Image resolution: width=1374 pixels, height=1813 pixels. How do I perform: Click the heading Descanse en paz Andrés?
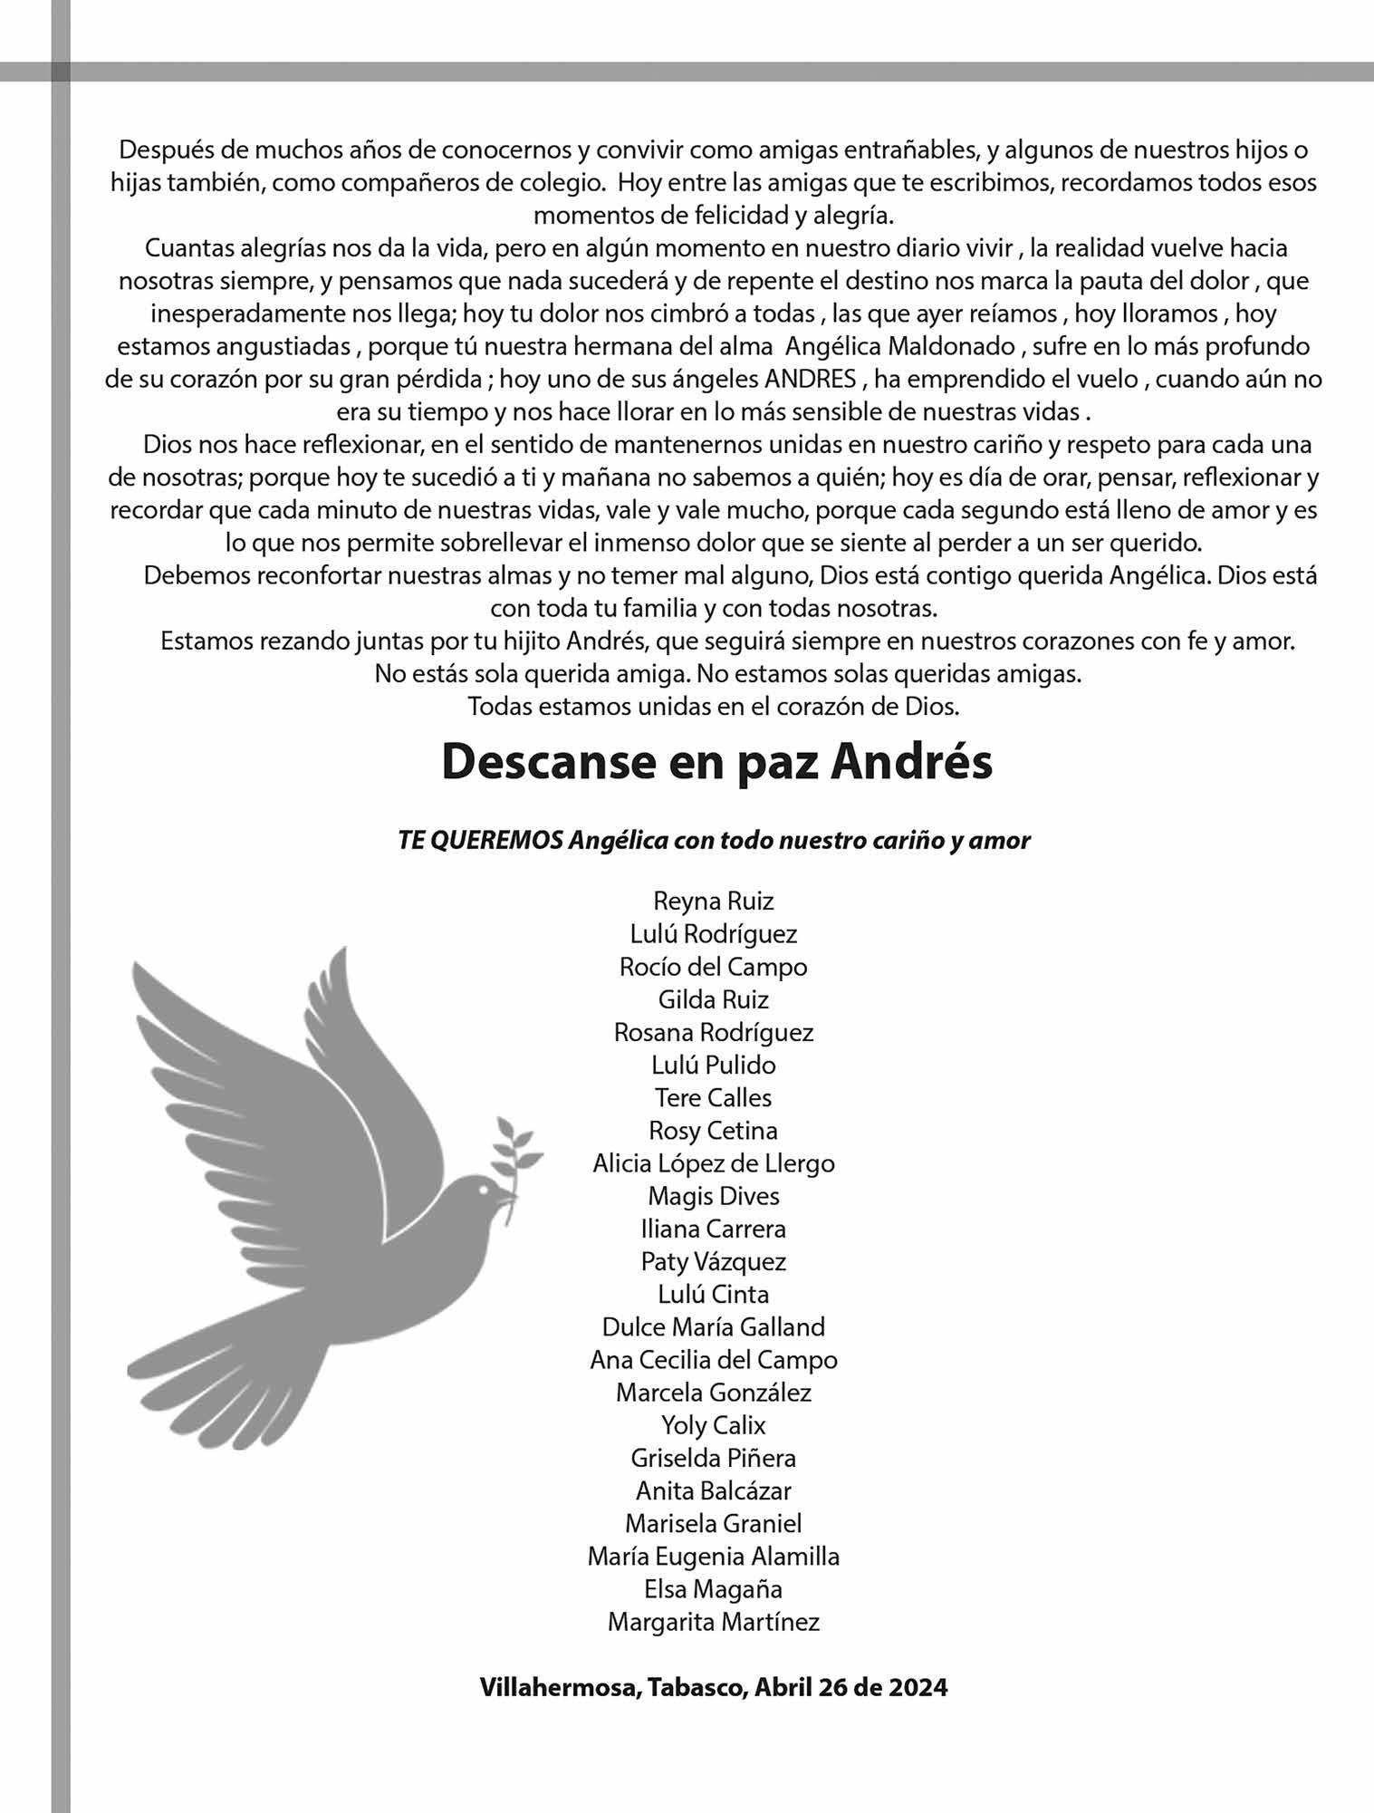(x=716, y=762)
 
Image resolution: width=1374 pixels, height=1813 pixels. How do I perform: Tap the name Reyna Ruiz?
(x=714, y=901)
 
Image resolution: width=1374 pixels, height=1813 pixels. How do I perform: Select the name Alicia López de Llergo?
(x=714, y=1162)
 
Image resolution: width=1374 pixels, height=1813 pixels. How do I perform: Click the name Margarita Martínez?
(x=714, y=1621)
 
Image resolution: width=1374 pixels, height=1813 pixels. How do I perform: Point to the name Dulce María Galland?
(x=714, y=1326)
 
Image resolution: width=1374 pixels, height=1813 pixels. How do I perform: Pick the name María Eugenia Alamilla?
(x=714, y=1556)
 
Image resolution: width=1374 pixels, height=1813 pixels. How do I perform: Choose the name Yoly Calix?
(x=714, y=1424)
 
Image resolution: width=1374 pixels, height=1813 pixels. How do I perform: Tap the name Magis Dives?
(x=714, y=1196)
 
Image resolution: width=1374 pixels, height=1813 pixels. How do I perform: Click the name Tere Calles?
(x=714, y=1097)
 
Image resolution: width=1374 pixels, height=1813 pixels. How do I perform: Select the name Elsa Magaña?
(x=714, y=1588)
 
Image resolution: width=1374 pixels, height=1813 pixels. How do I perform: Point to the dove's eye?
(x=484, y=1187)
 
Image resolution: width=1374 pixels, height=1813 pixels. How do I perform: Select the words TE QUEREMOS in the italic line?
(x=481, y=840)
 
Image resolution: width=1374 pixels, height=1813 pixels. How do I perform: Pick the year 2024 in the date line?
(x=918, y=1687)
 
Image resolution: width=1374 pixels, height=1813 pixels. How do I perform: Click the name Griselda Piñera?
(x=714, y=1457)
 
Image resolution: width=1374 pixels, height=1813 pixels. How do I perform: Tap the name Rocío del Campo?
(x=714, y=966)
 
